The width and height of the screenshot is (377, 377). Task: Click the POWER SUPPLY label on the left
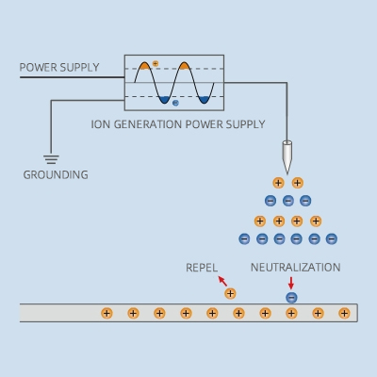click(x=59, y=67)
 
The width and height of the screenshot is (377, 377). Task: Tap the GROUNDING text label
click(x=56, y=174)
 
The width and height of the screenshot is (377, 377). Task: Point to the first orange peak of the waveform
click(x=144, y=66)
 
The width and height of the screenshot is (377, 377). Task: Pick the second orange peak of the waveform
click(x=186, y=66)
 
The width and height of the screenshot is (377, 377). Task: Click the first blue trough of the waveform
click(x=164, y=98)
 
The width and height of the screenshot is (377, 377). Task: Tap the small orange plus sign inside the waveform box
click(x=156, y=62)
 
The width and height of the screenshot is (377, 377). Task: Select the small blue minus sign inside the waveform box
click(x=175, y=103)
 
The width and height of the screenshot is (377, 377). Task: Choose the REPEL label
click(x=202, y=268)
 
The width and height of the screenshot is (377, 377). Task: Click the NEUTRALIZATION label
click(x=295, y=268)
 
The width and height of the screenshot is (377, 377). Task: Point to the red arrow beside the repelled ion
click(x=221, y=281)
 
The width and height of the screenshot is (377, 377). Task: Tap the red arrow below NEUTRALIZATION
click(x=290, y=282)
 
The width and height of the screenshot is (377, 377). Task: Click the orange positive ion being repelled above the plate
click(x=230, y=294)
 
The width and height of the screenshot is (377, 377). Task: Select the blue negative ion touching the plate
click(x=291, y=298)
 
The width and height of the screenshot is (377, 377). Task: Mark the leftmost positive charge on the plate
click(x=107, y=313)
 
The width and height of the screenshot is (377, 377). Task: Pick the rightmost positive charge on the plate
click(x=344, y=313)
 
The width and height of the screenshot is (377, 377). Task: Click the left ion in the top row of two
click(x=278, y=183)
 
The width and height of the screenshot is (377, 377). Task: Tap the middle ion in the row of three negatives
click(x=288, y=201)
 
